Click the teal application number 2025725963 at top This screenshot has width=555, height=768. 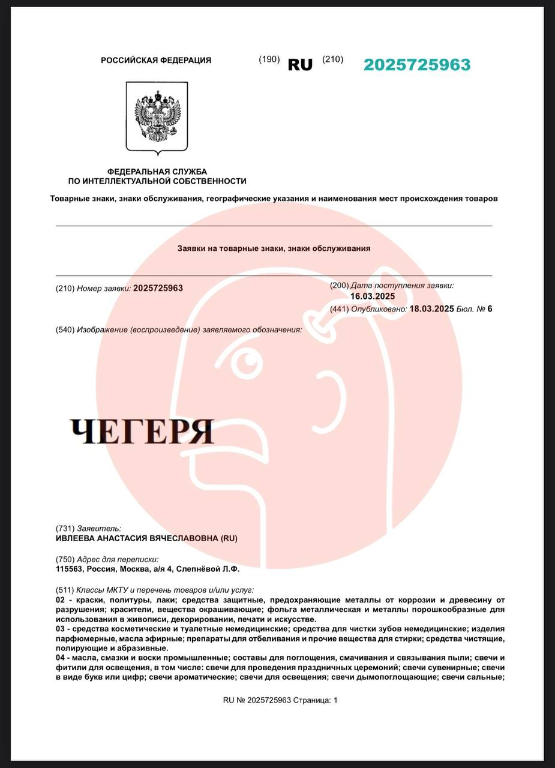click(417, 65)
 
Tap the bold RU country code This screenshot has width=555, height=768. click(300, 65)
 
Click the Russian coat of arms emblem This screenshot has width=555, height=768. click(157, 117)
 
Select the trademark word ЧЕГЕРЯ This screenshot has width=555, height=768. click(142, 431)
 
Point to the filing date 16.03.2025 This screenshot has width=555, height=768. click(373, 296)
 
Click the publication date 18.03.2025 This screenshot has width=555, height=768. click(431, 309)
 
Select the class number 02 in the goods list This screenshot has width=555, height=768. click(60, 600)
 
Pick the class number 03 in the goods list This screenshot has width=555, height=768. click(60, 629)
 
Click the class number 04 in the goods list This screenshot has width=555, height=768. click(60, 658)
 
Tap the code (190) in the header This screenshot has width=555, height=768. click(269, 59)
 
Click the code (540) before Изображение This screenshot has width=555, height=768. click(65, 329)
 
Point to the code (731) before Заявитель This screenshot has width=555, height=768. click(65, 529)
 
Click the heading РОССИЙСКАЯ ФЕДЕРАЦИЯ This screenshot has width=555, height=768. click(156, 60)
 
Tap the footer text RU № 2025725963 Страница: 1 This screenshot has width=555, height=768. click(280, 700)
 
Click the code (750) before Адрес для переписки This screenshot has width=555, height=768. click(65, 559)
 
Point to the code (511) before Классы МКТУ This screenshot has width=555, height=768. click(65, 590)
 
